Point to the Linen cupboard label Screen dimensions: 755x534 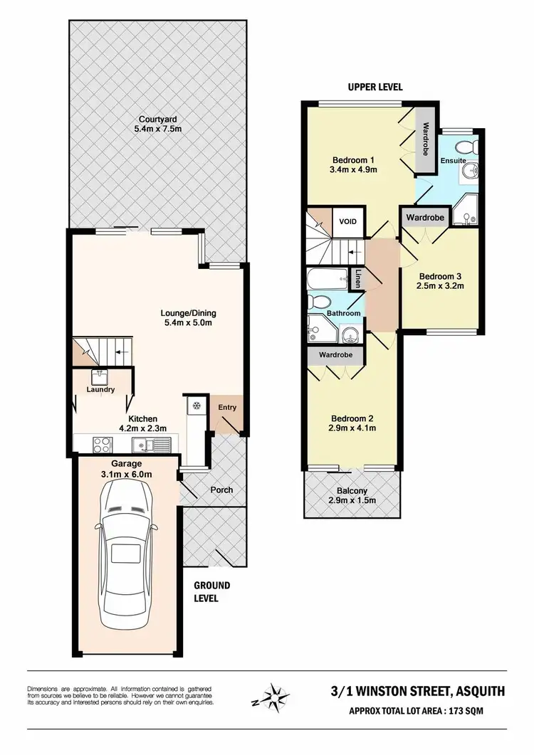(x=357, y=278)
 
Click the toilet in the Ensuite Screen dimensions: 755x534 (x=466, y=148)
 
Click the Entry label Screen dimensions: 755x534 (x=229, y=406)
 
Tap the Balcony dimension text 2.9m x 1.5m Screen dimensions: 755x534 (x=352, y=501)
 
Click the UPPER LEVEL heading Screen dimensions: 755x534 (x=375, y=87)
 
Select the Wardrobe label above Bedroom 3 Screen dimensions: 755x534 (x=426, y=217)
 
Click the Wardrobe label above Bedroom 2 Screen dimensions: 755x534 (x=335, y=353)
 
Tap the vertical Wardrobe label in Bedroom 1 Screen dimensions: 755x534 (x=425, y=140)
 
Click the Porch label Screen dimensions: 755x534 (x=221, y=490)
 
